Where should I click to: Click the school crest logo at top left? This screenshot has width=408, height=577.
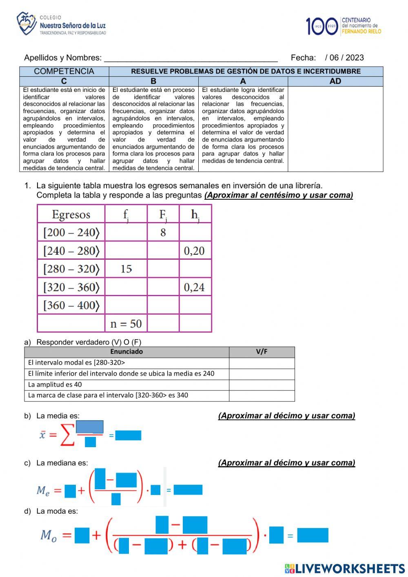[27, 23]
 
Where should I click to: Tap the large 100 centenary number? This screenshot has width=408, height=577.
[322, 26]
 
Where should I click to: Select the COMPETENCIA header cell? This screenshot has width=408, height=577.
[64, 71]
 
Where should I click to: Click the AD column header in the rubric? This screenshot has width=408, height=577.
[335, 81]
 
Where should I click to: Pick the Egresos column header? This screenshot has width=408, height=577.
[71, 214]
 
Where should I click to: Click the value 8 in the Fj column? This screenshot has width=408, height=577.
[163, 232]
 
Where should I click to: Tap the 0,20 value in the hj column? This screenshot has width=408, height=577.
[194, 251]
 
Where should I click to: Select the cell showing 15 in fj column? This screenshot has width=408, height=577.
[126, 269]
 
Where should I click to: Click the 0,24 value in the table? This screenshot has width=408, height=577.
[194, 287]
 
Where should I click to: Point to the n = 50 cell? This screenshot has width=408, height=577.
[126, 324]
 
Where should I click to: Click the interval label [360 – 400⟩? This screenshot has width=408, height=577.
[71, 305]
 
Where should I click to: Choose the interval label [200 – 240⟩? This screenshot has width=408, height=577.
[71, 232]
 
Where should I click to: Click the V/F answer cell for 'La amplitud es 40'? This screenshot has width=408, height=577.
[262, 385]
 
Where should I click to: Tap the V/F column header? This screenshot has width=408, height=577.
[262, 352]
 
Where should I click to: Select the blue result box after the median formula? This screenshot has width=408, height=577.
[188, 490]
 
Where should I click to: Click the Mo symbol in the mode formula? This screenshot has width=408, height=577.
[49, 535]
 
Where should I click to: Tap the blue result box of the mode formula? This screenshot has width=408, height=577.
[313, 535]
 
